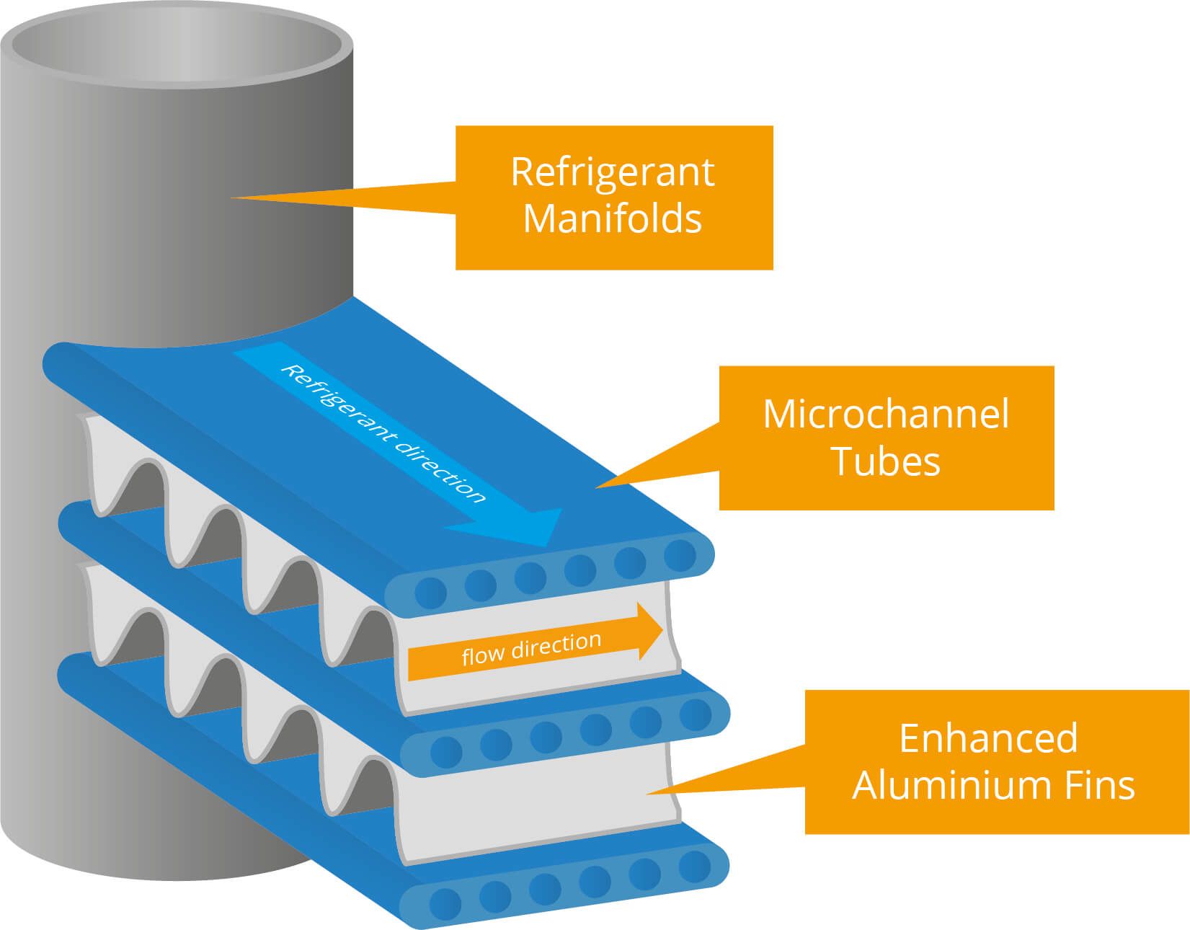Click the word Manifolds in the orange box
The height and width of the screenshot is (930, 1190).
click(613, 218)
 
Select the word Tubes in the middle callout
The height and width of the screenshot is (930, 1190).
click(886, 461)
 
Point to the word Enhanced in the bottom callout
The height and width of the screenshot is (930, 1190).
click(988, 738)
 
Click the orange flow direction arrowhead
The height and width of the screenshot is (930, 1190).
click(649, 632)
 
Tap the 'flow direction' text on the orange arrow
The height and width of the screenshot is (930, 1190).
click(531, 648)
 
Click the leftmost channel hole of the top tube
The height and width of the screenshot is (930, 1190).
click(431, 593)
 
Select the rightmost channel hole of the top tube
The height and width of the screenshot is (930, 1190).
click(679, 554)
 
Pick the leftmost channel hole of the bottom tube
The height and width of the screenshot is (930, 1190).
click(445, 903)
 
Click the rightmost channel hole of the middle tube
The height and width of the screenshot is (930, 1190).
click(696, 714)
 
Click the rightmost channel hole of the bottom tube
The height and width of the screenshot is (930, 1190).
click(696, 865)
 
